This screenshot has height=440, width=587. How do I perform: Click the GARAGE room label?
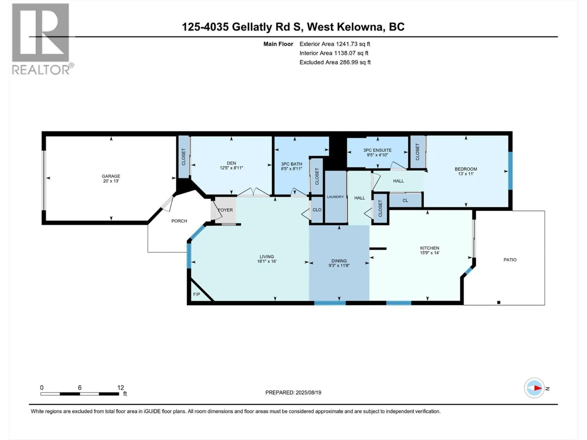(x=111, y=176)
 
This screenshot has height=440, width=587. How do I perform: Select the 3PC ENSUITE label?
(x=377, y=150)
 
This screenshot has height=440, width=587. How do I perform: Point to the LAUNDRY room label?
(x=335, y=197)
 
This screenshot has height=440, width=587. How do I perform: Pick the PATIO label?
(x=510, y=260)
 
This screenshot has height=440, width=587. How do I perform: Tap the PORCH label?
(x=179, y=221)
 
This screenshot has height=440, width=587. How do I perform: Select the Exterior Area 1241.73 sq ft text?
(x=335, y=44)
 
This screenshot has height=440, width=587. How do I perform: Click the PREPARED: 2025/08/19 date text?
(x=293, y=392)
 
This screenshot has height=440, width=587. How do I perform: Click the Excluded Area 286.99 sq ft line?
(x=335, y=62)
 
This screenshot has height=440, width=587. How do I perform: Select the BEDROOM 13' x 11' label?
(x=466, y=171)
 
